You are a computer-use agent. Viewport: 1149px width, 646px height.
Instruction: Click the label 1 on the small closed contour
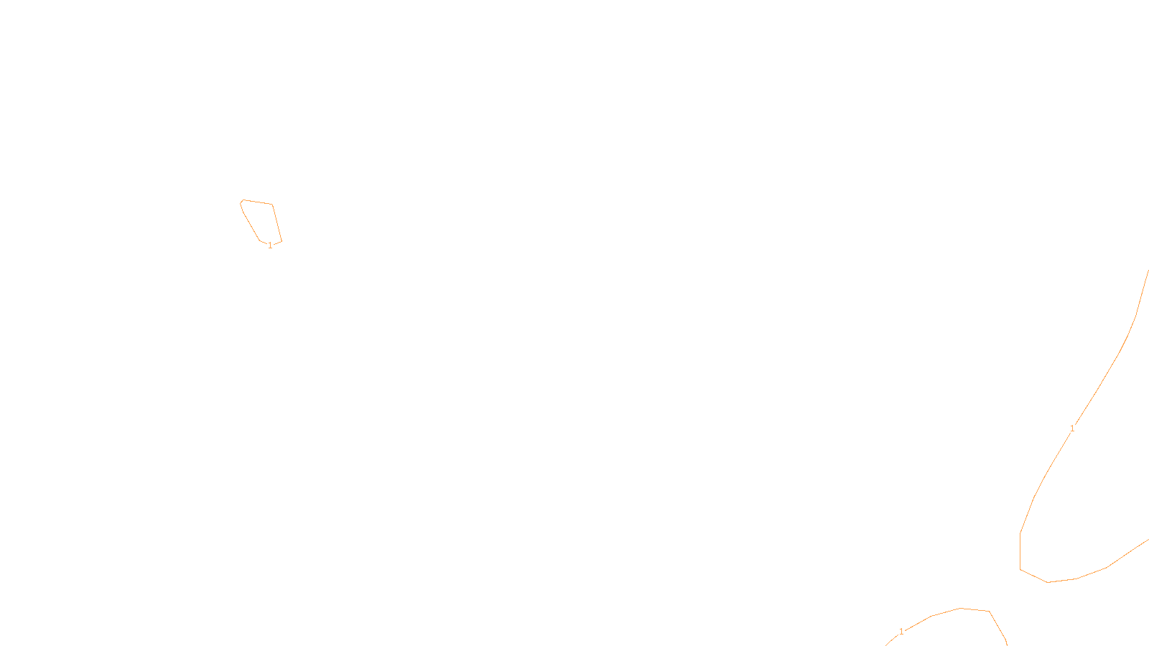(x=270, y=245)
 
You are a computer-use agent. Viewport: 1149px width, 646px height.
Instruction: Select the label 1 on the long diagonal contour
(x=1072, y=429)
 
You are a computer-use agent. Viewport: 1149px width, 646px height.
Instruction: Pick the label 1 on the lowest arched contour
(x=901, y=632)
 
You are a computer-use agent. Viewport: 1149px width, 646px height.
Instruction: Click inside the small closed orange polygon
(x=261, y=220)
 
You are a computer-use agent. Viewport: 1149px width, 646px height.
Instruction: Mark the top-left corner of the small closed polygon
(x=243, y=200)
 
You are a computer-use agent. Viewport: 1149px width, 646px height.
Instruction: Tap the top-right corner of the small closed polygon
(x=272, y=205)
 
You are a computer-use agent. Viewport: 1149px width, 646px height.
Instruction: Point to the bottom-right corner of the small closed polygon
(x=282, y=241)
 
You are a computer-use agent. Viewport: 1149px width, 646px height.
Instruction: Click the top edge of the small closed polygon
(x=258, y=202)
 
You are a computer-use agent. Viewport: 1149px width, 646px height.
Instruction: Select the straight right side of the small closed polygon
(x=277, y=223)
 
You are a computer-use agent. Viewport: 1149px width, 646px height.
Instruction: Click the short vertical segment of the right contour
(x=1020, y=551)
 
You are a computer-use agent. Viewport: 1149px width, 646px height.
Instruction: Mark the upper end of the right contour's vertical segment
(x=1020, y=533)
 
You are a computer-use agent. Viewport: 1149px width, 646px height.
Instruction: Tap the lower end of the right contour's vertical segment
(x=1020, y=570)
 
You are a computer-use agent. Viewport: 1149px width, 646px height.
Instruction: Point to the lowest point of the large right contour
(x=1048, y=582)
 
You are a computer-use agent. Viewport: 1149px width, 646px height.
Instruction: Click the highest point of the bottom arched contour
(x=961, y=608)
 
